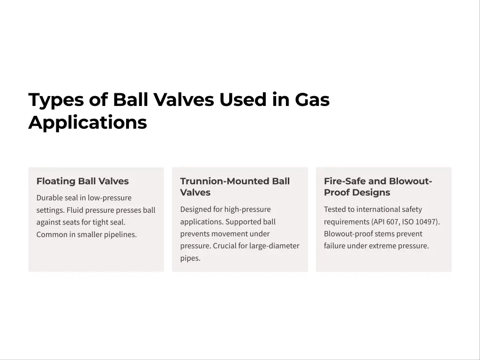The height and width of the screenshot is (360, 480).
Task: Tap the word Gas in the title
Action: coord(312,100)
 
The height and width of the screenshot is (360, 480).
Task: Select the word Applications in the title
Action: coord(88,123)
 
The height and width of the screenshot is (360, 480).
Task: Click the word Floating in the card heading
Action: coord(56,181)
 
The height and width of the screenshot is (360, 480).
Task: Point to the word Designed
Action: coord(195,210)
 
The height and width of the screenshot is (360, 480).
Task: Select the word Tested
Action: coord(335,210)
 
